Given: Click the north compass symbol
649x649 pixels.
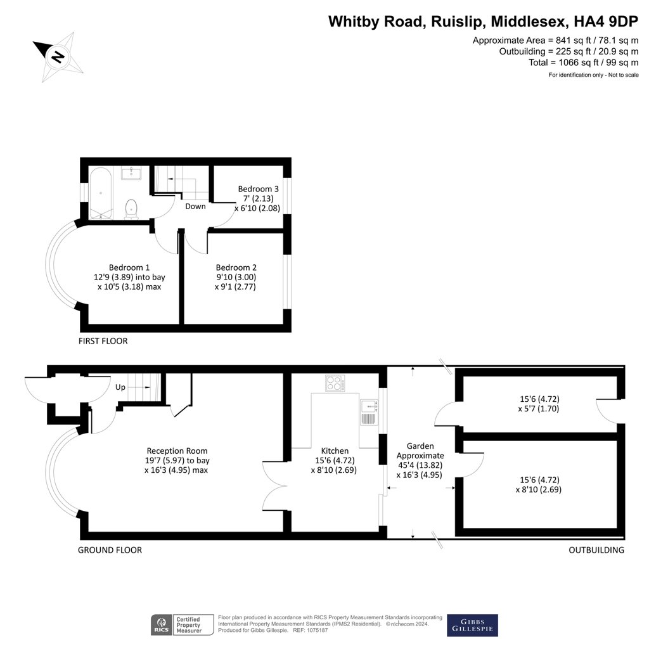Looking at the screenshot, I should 58,57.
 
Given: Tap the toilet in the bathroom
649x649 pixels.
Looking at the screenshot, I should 132,208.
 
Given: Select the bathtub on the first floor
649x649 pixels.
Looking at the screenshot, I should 101,191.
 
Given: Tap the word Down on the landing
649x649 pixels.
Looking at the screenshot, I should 195,206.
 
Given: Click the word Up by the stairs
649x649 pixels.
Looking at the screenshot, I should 120,387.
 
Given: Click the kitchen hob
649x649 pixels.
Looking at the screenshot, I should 334,383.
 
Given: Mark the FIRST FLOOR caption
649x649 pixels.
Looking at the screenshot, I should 103,341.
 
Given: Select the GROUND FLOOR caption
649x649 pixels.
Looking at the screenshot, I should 110,550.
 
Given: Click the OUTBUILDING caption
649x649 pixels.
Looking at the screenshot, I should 596,550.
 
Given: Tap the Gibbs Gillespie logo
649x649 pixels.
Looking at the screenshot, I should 472,625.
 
